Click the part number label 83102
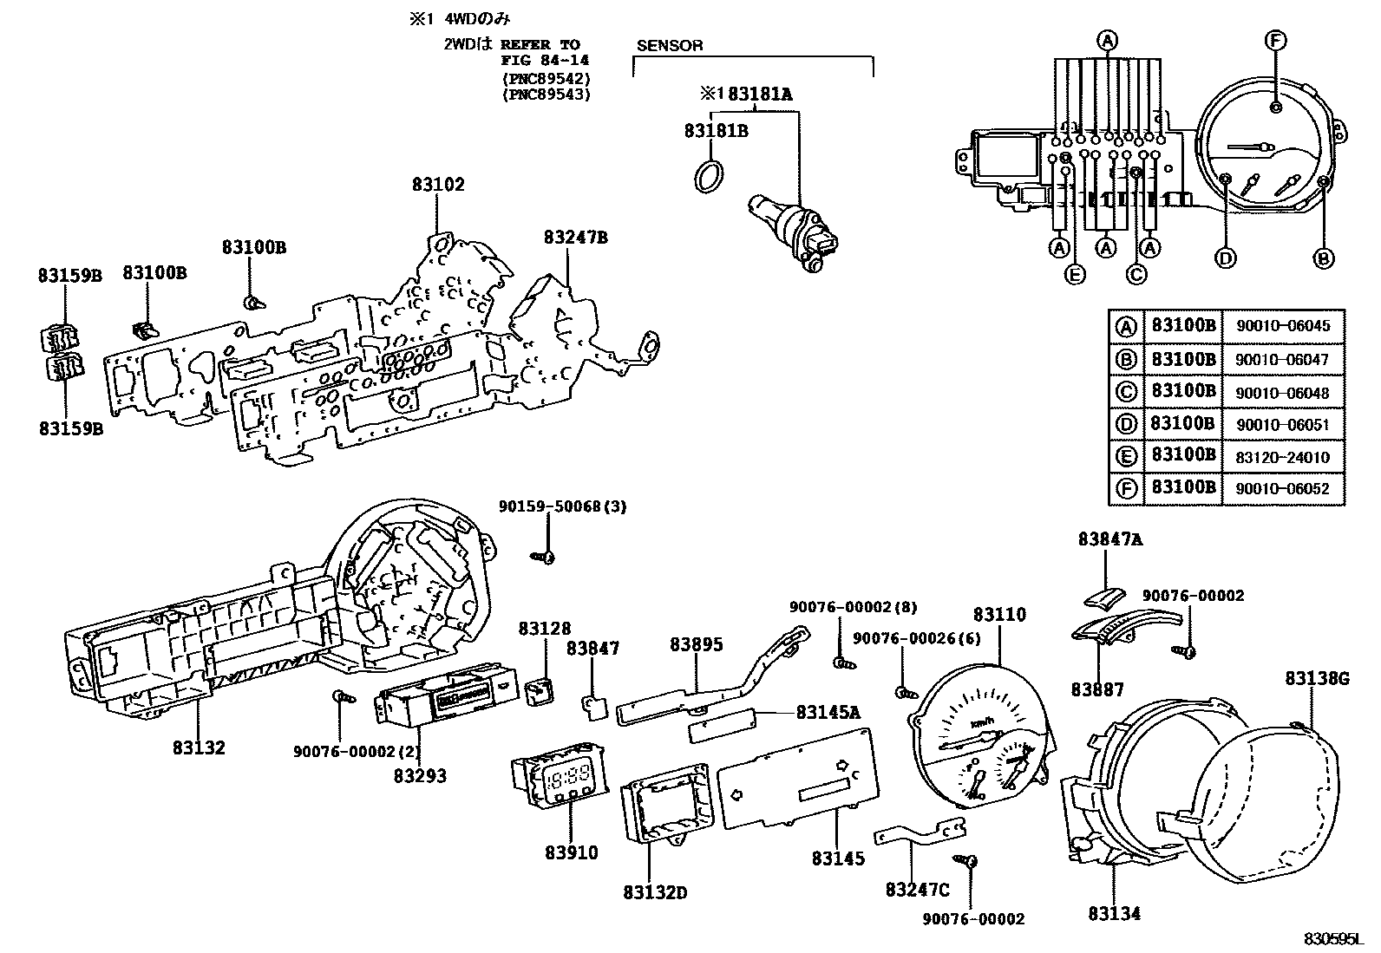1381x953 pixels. (x=438, y=185)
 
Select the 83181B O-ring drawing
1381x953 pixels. (x=710, y=176)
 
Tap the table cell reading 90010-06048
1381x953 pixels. (x=1282, y=392)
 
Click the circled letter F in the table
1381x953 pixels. (x=1125, y=488)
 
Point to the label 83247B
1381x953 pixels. (x=576, y=237)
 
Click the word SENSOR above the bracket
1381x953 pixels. (x=670, y=45)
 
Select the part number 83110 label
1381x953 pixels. (x=999, y=615)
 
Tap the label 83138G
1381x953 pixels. (x=1317, y=679)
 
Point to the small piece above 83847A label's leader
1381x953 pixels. (x=1104, y=597)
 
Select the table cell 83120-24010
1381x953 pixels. (x=1282, y=457)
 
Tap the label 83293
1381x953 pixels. (x=420, y=776)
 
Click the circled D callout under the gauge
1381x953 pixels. (x=1225, y=258)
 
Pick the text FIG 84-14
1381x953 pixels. (x=544, y=60)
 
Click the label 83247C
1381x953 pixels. (x=918, y=890)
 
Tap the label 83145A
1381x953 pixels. (x=828, y=713)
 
